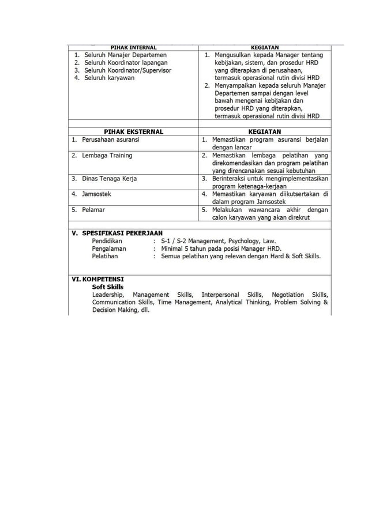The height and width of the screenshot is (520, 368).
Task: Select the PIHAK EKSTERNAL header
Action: tap(133, 132)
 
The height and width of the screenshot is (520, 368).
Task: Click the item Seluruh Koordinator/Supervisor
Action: tap(127, 70)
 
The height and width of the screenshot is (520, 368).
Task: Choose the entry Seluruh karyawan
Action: tap(109, 78)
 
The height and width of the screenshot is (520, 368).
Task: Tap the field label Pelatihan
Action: tap(105, 256)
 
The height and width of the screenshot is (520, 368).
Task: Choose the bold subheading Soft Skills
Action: tap(107, 287)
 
